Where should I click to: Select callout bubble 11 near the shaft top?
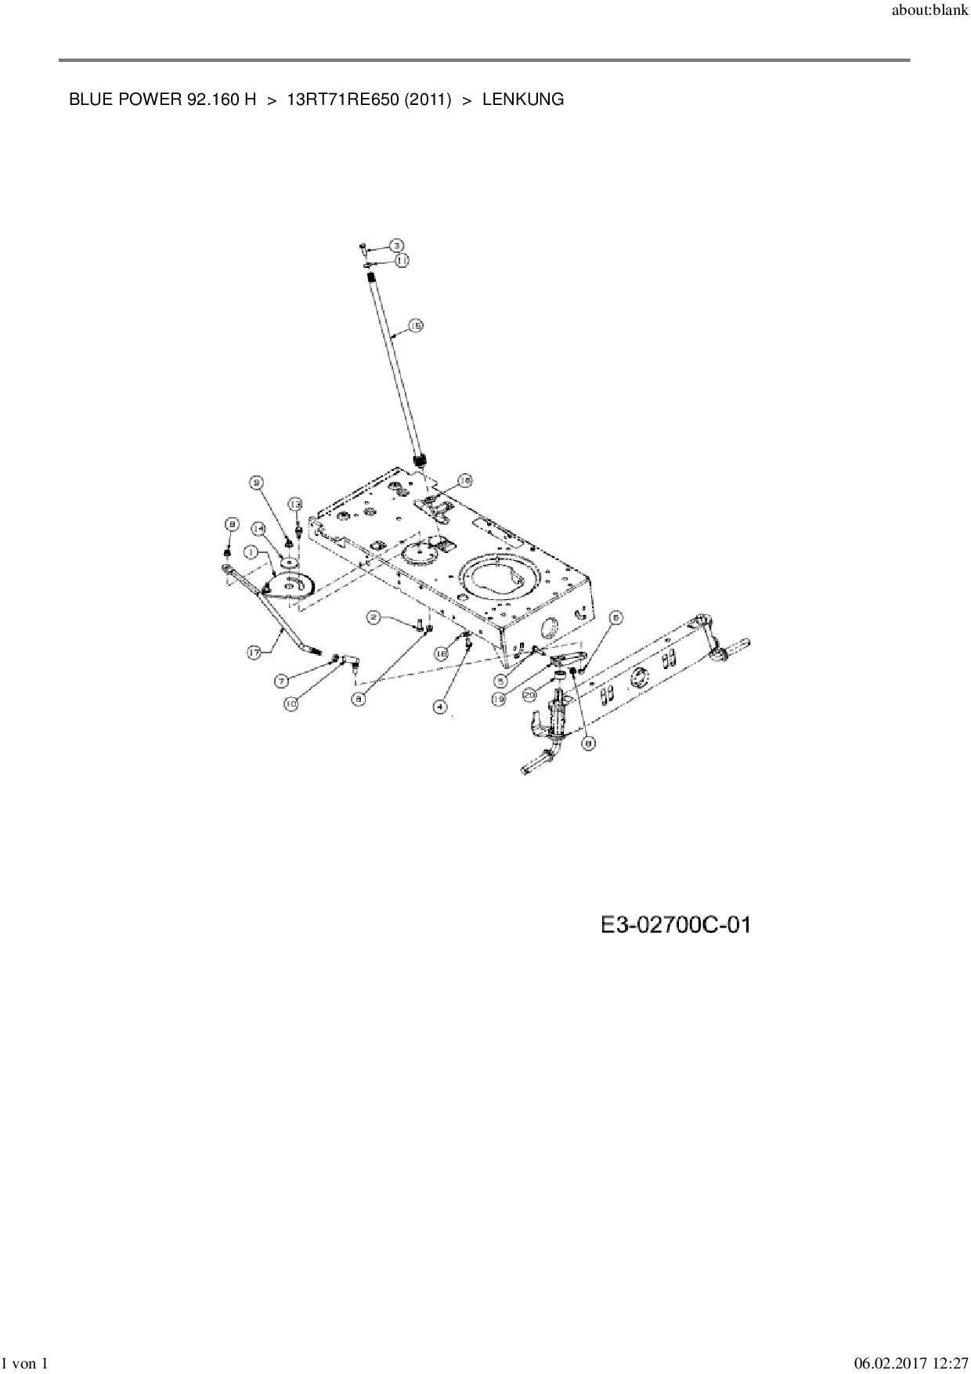402,260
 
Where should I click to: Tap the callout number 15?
415,324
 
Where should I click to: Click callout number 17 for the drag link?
255,651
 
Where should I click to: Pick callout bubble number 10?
291,704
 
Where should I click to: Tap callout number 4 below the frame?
440,707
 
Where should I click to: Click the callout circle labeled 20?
529,694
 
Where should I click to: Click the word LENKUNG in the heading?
523,100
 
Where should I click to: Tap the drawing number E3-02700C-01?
676,925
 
